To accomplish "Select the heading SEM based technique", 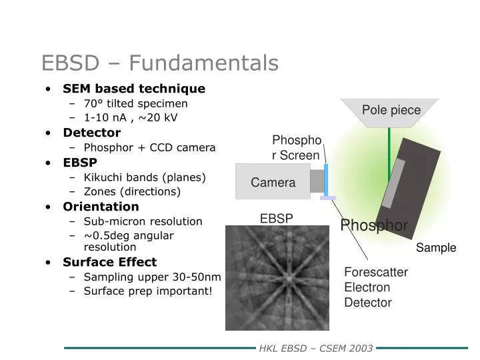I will point(134,89).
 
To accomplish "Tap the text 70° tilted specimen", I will point(135,103).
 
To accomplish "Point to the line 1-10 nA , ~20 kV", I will point(131,118).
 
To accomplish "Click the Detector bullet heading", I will point(91,133).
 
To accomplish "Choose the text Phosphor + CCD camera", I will point(149,147).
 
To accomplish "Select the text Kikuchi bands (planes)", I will point(145,177).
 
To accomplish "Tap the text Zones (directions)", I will point(132,191).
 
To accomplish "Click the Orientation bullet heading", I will point(101,207).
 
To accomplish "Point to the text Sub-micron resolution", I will point(143,221).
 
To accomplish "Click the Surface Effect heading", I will point(109,262).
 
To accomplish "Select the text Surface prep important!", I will point(147,291).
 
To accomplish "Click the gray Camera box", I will point(273,182).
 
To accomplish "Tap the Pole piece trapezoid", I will point(391,111).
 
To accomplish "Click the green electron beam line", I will point(389,157).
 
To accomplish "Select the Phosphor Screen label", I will point(297,147).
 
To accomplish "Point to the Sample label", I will point(436,248).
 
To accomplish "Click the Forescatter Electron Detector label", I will point(375,287).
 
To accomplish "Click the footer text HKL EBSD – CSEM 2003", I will point(315,348).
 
